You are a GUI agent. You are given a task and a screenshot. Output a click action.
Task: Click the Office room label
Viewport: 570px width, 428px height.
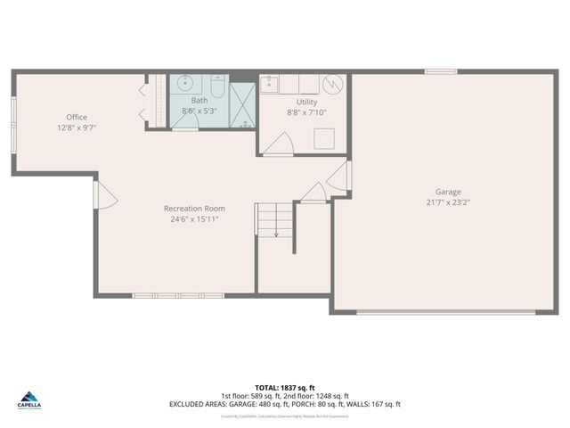(76, 117)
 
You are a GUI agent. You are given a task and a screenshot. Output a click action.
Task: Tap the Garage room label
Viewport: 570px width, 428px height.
(448, 192)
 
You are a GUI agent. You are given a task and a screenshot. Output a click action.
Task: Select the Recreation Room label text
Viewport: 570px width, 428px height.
(194, 208)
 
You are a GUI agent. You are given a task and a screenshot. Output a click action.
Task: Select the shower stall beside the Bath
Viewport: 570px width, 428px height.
(242, 106)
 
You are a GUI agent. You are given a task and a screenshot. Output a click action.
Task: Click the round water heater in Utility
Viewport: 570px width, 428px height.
(333, 85)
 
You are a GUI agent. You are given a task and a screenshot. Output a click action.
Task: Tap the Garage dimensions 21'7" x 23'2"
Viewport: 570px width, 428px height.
(448, 202)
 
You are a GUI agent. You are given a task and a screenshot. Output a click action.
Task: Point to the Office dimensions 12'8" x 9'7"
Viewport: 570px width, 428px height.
(76, 128)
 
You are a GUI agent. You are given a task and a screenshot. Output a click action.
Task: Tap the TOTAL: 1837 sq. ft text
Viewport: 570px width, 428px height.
(284, 388)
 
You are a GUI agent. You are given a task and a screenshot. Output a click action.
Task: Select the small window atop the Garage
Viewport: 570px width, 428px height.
(440, 71)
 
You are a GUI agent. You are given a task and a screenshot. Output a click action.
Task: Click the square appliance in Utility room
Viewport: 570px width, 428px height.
(322, 139)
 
